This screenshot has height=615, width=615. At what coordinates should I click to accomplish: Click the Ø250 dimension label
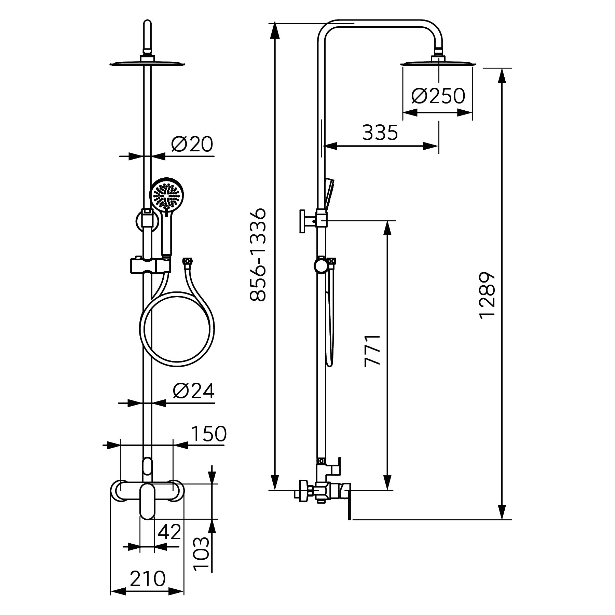438,96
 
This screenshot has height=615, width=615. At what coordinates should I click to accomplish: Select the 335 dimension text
380,133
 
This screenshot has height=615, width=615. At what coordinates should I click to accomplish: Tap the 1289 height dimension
487,295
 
